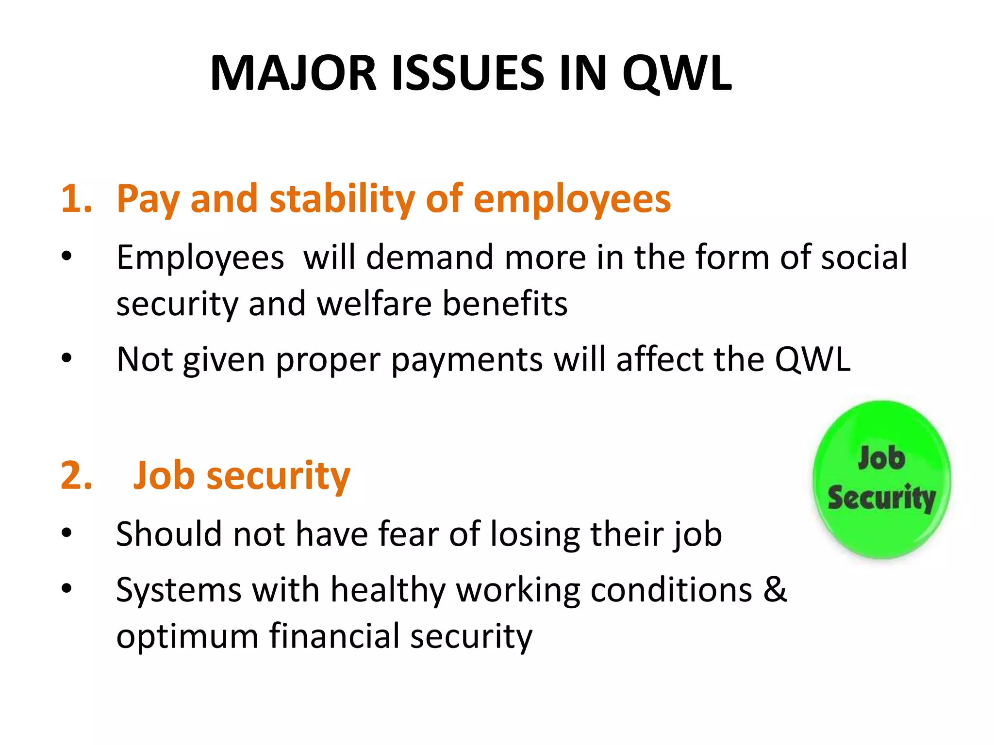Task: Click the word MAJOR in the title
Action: tap(294, 73)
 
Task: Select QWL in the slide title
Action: tap(677, 73)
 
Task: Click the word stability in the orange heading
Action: tap(342, 199)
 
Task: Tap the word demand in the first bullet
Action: tap(430, 257)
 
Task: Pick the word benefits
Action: tap(505, 304)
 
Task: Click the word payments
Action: tap(467, 360)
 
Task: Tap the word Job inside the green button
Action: tap(881, 458)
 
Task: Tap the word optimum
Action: tap(187, 636)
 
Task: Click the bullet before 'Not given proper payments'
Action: tap(67, 359)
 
